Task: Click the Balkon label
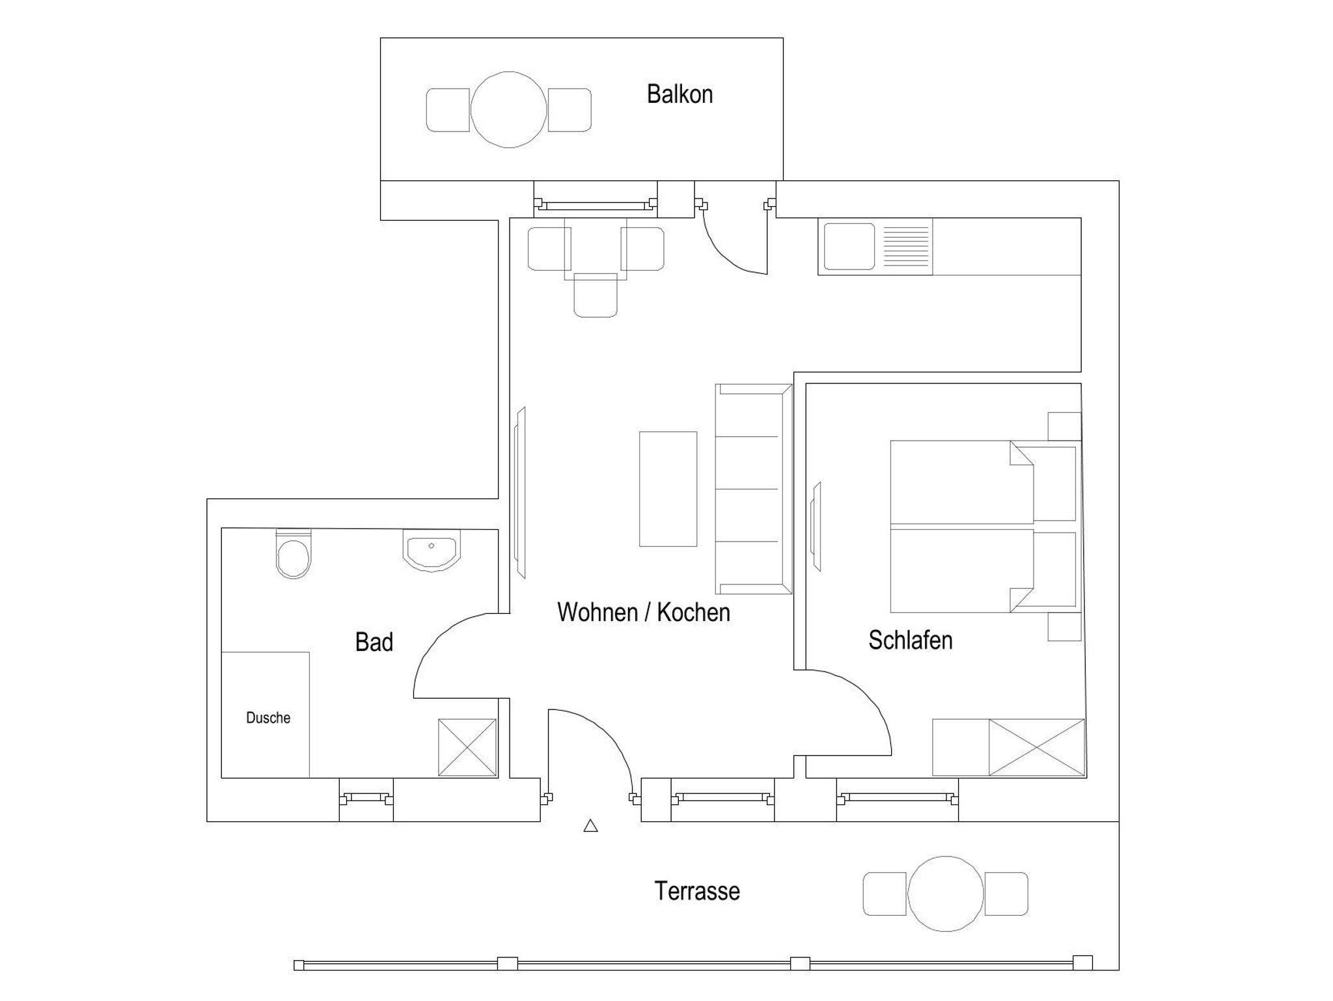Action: [x=680, y=94]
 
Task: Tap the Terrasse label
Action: [x=697, y=891]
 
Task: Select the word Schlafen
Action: [x=911, y=640]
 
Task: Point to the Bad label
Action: [x=374, y=642]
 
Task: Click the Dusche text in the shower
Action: [x=268, y=718]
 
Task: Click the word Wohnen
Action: [x=598, y=612]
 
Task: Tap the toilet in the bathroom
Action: [x=294, y=553]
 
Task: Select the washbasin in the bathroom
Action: [x=432, y=551]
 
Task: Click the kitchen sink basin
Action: [x=849, y=247]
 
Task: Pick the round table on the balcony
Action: [x=508, y=110]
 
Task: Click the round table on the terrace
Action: [x=945, y=894]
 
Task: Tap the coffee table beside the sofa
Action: [x=668, y=489]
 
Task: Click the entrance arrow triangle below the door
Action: [x=590, y=826]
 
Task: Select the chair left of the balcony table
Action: [x=448, y=110]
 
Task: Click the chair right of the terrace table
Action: [x=1006, y=894]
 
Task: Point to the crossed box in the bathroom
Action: [x=467, y=747]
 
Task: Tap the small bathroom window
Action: [x=366, y=798]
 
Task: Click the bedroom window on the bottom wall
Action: [x=898, y=798]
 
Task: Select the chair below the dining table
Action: [x=596, y=295]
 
